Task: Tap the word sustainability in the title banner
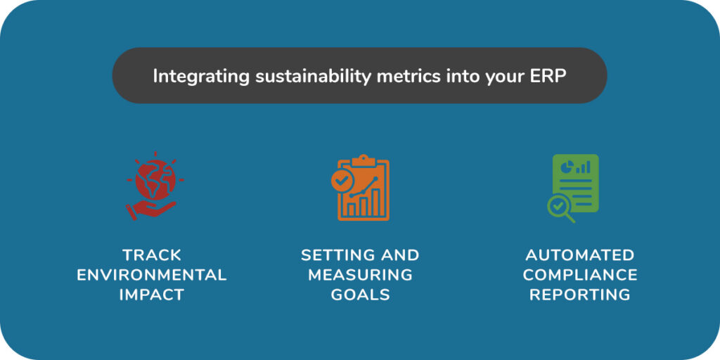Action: click(x=312, y=76)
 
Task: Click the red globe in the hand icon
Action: click(x=155, y=179)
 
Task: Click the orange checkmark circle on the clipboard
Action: click(x=342, y=180)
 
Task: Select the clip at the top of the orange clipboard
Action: click(x=364, y=160)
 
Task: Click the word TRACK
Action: click(x=152, y=255)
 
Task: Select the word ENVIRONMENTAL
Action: click(x=152, y=275)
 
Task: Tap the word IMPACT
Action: click(x=152, y=295)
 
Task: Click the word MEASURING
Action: click(x=361, y=275)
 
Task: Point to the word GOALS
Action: click(x=361, y=295)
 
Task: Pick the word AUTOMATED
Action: click(x=580, y=255)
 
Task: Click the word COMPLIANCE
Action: click(x=580, y=275)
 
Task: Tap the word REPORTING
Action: click(x=580, y=295)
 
